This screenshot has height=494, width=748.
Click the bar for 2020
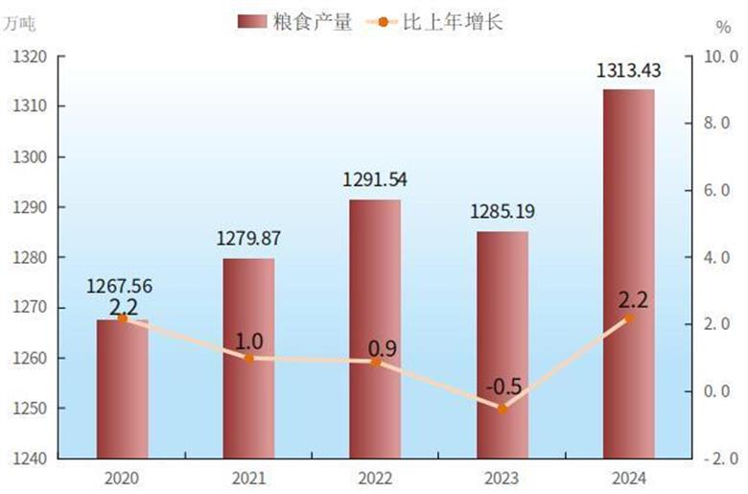pos(122,388)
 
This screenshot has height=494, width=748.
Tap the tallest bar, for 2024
pos(628,273)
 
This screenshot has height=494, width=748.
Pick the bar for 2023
pos(502,345)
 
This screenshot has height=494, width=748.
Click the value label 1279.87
pos(248,238)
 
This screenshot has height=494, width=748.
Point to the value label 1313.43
pos(628,70)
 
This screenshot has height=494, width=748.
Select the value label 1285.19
pos(502,211)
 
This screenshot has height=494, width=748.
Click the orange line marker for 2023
pos(502,409)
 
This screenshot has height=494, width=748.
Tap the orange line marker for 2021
pos(248,358)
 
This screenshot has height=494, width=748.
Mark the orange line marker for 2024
pos(628,318)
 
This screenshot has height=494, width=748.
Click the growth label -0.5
pos(503,388)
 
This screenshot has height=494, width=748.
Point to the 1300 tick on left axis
pos(32,156)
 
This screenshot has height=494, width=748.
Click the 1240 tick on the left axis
pos(32,459)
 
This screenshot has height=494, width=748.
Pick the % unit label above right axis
pos(722,24)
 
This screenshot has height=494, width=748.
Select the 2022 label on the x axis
pos(375,478)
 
